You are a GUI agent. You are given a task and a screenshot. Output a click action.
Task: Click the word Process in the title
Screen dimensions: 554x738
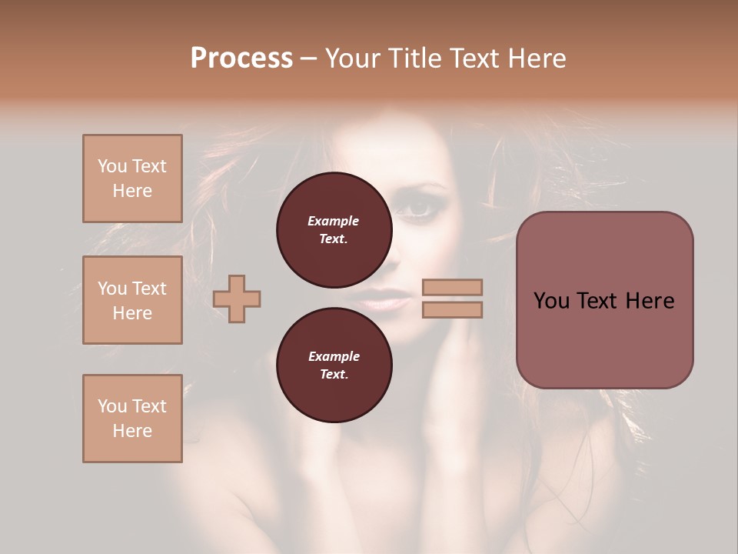241,58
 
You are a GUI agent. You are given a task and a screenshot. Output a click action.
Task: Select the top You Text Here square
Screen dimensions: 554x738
132,179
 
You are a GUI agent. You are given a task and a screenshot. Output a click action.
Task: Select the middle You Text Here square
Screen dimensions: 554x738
132,300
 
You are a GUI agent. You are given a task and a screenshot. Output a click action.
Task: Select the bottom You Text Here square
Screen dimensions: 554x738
132,419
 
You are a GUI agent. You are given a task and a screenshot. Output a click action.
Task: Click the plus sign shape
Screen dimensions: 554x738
237,299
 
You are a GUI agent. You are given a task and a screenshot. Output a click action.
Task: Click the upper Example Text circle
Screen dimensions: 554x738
334,229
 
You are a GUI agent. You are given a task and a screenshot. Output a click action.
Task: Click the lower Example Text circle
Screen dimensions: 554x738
334,365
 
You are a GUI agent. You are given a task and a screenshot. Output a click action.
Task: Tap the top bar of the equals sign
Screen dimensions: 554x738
453,287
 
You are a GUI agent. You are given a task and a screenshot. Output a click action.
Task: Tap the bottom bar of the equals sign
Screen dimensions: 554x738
453,309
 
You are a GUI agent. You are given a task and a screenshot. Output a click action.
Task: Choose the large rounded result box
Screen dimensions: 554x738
604,300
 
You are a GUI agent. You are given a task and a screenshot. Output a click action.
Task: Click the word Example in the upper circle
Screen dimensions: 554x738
334,221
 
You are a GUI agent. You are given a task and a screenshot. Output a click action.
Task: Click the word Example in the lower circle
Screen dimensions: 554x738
334,356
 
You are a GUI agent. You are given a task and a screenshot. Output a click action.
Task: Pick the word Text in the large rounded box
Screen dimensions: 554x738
603,301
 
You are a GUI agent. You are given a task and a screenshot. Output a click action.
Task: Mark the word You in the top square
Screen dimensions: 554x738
112,166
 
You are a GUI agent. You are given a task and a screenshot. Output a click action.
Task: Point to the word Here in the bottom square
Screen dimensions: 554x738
132,431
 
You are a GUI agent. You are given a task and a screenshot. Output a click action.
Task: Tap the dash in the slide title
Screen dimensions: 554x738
309,58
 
